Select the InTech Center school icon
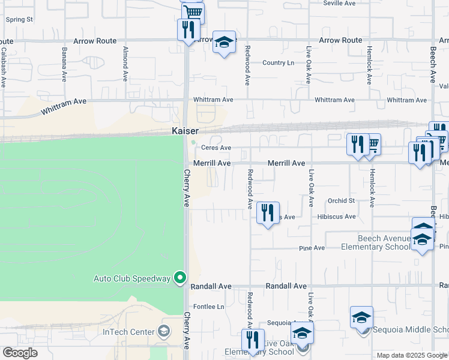tap(163, 331)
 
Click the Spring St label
tap(19, 19)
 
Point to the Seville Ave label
tap(340, 3)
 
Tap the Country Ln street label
tap(279, 62)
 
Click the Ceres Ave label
tap(216, 148)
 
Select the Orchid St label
tap(341, 201)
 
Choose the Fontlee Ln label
tap(208, 307)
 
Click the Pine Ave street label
tap(312, 248)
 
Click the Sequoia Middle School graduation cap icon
tap(361, 317)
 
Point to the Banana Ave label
tap(64, 64)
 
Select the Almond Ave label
tap(125, 64)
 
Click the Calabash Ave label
tap(3, 67)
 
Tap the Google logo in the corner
tap(20, 353)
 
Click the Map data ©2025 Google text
tap(412, 355)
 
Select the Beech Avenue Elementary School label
tap(376, 242)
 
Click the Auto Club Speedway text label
tap(132, 278)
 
